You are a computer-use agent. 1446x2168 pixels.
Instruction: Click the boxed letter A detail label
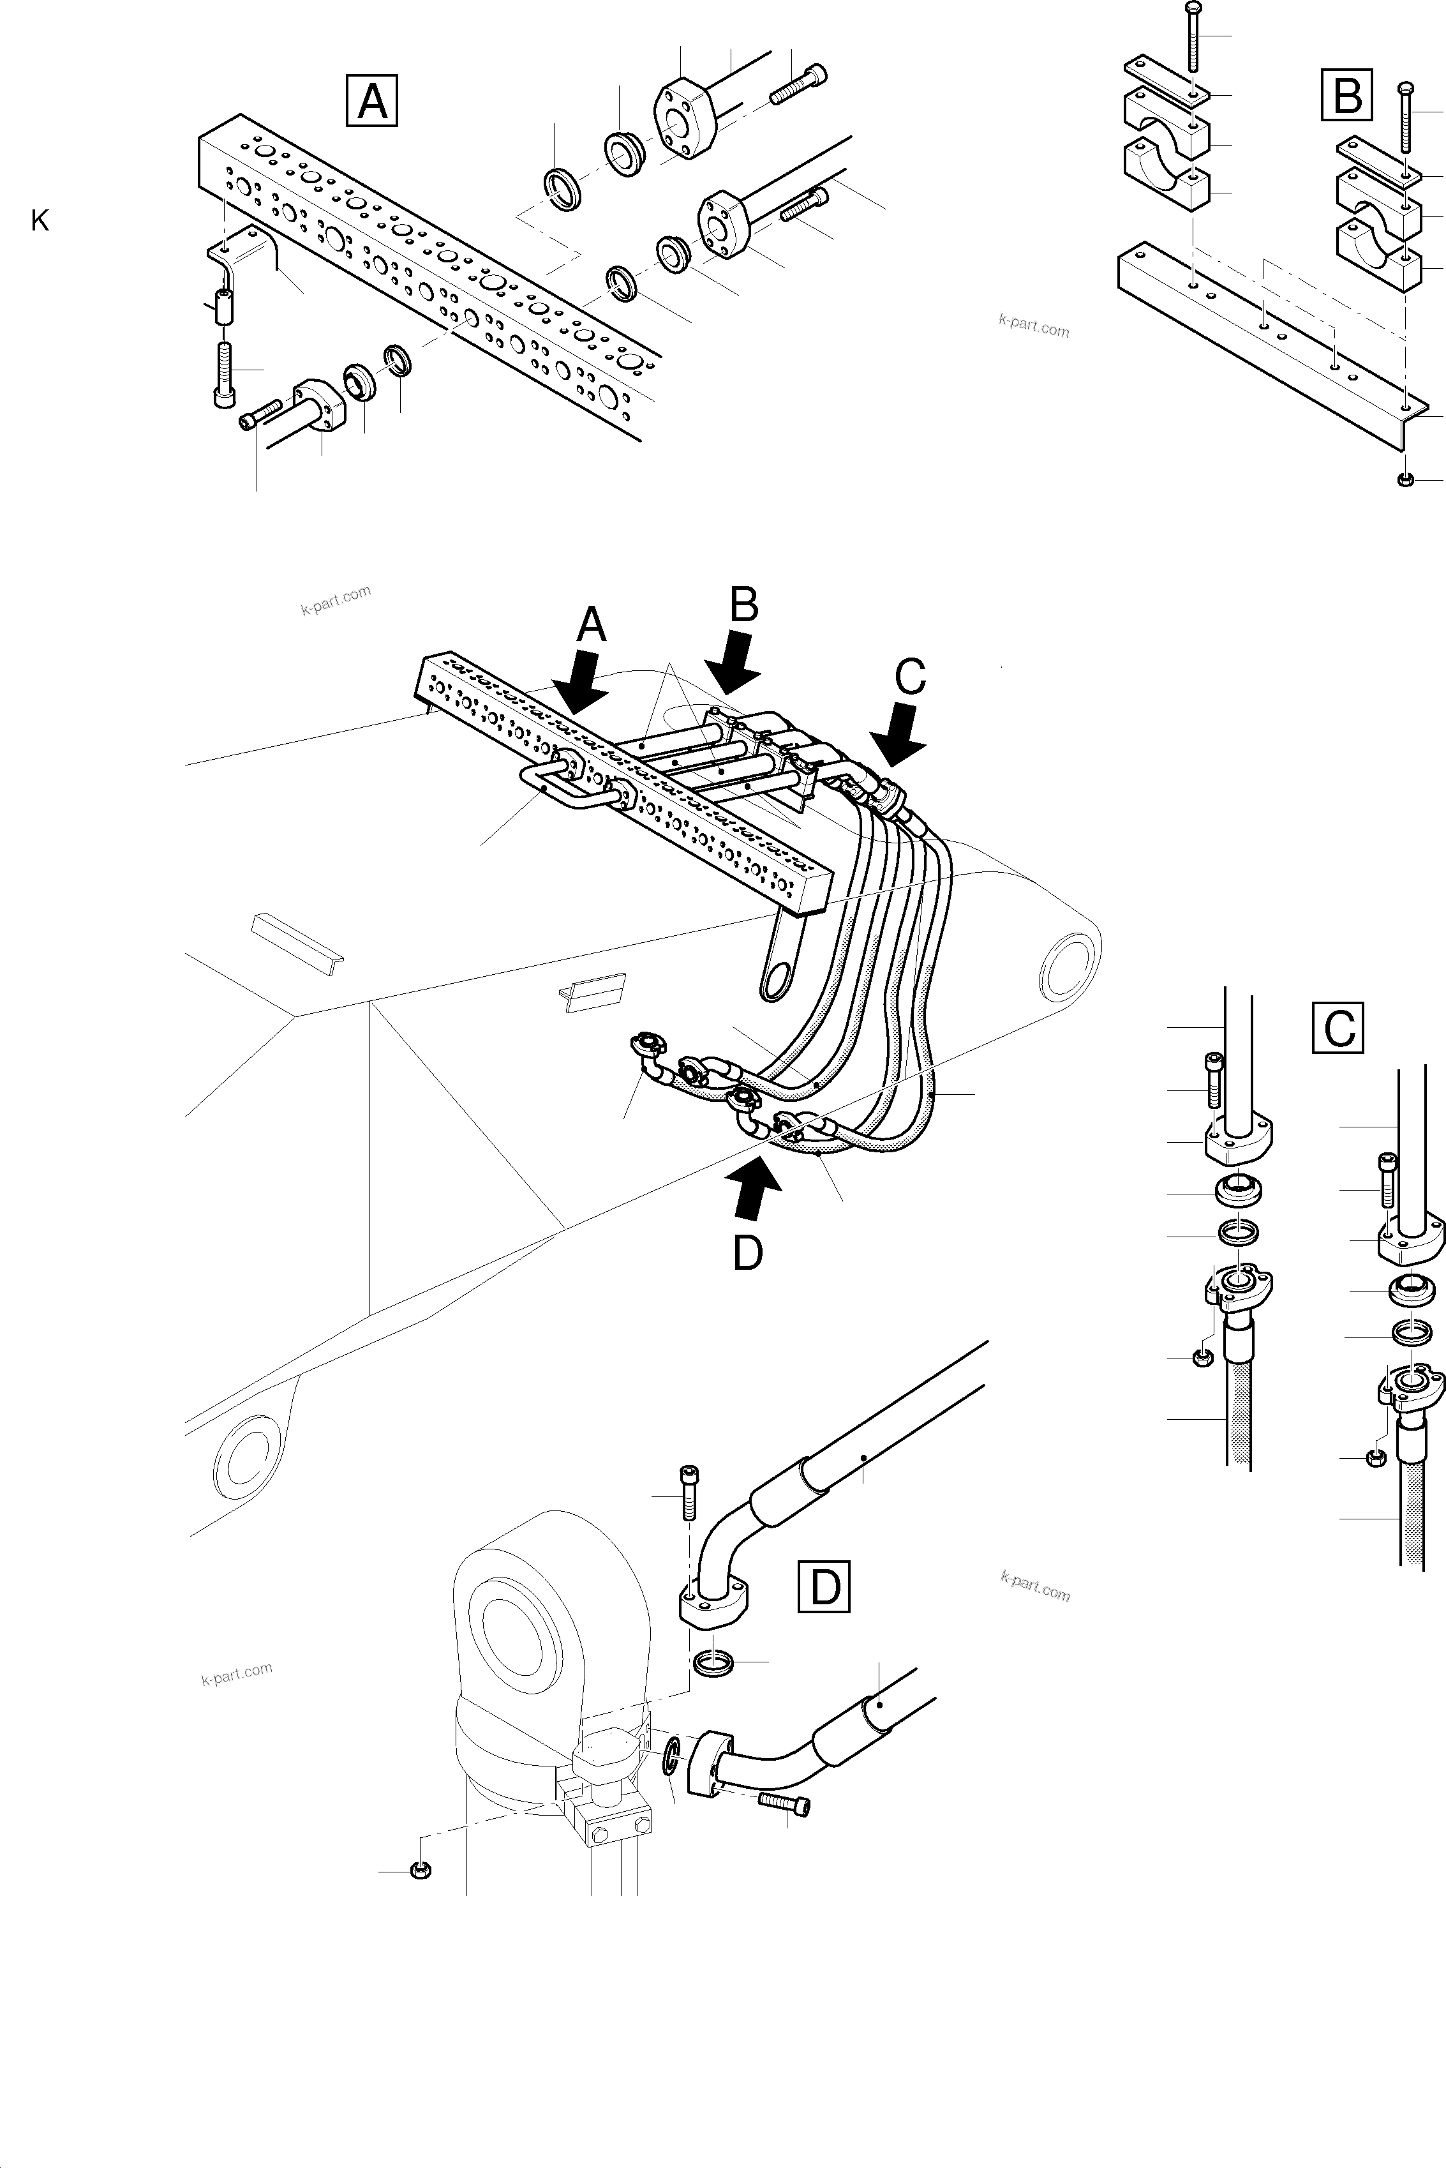(371, 101)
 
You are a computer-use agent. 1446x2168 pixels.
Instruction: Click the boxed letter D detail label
(824, 1587)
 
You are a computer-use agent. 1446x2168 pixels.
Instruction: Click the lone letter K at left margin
(40, 222)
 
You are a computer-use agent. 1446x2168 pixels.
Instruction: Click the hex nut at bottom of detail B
(1405, 479)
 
